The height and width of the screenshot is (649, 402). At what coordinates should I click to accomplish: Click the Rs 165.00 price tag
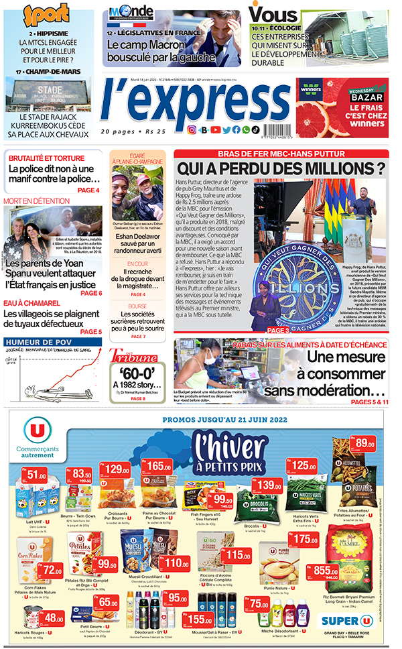[x=159, y=466]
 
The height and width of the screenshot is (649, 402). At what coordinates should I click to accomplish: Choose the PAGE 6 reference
[x=90, y=293]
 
